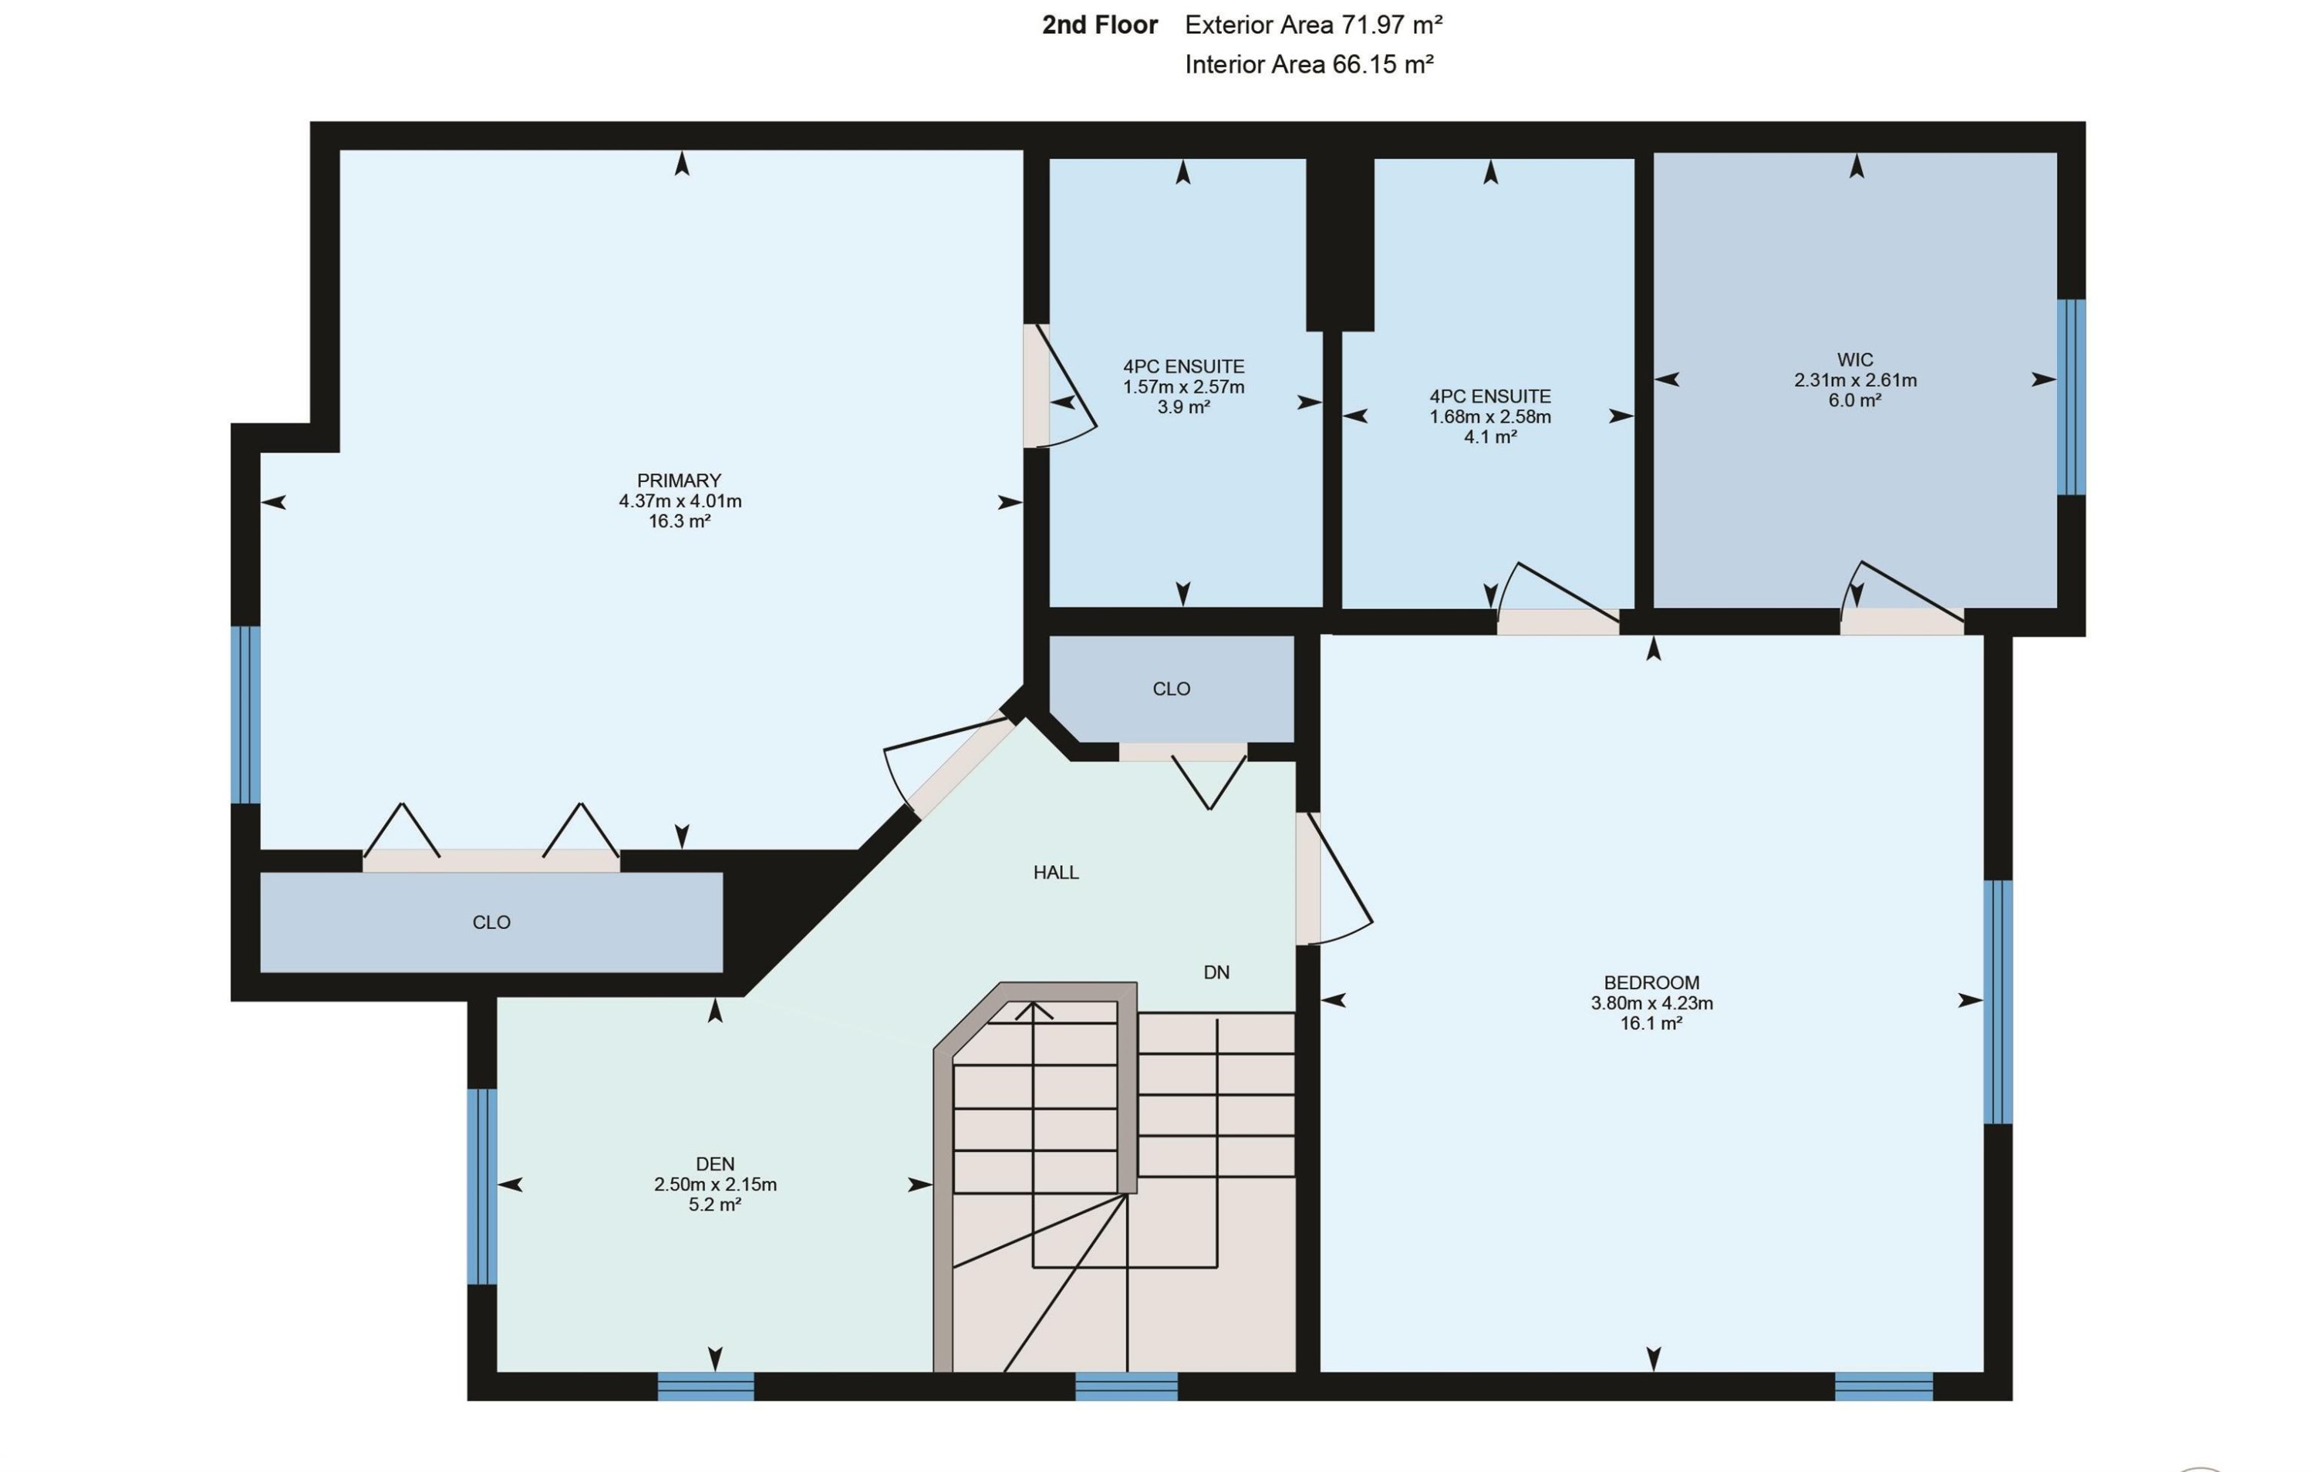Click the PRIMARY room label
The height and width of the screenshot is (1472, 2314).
tap(680, 480)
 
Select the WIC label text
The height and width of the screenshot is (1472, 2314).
tap(1854, 360)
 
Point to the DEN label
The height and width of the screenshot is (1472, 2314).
tap(715, 1164)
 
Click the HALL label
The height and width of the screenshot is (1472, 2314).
tap(1056, 872)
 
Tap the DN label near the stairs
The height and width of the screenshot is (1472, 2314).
tap(1216, 972)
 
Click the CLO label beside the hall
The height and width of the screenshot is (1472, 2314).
tap(1172, 689)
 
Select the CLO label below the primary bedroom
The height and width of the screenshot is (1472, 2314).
tap(491, 922)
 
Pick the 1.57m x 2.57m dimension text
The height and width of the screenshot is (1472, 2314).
tap(1184, 387)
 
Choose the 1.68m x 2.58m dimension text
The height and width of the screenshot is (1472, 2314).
tap(1490, 417)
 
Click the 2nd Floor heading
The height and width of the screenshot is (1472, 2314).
tap(1099, 25)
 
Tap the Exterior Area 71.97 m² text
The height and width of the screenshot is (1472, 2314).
tap(1314, 25)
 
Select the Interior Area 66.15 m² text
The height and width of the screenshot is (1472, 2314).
tap(1309, 64)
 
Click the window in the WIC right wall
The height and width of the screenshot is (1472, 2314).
tap(2071, 397)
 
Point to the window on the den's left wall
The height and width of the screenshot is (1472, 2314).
tap(482, 1187)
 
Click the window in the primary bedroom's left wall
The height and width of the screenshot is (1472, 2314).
tap(246, 715)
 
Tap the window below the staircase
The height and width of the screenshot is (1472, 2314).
tap(1126, 1386)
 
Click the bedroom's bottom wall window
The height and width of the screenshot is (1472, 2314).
tap(1884, 1386)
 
